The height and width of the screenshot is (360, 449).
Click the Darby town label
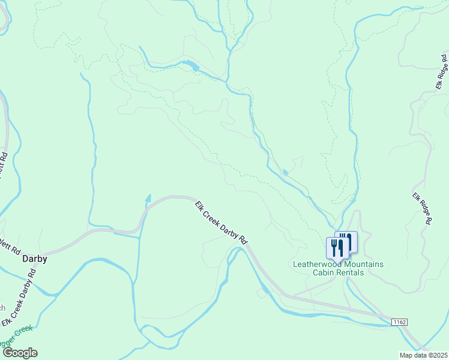pos(34,260)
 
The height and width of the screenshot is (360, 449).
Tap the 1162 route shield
pos(400,322)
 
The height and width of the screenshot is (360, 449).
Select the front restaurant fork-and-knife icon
pos(337,247)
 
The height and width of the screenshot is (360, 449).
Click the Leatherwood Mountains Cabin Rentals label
pos(338,268)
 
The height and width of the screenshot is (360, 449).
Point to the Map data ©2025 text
pos(423,355)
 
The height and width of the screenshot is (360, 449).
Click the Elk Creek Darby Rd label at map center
pos(221,222)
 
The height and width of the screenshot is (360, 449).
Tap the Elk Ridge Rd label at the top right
pos(443,72)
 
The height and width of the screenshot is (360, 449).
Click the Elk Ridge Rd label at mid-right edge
pos(423,208)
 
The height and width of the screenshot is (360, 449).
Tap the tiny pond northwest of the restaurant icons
pos(285,173)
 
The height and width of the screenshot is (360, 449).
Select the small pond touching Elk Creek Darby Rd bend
pos(148,199)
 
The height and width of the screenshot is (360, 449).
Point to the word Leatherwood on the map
pos(315,264)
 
